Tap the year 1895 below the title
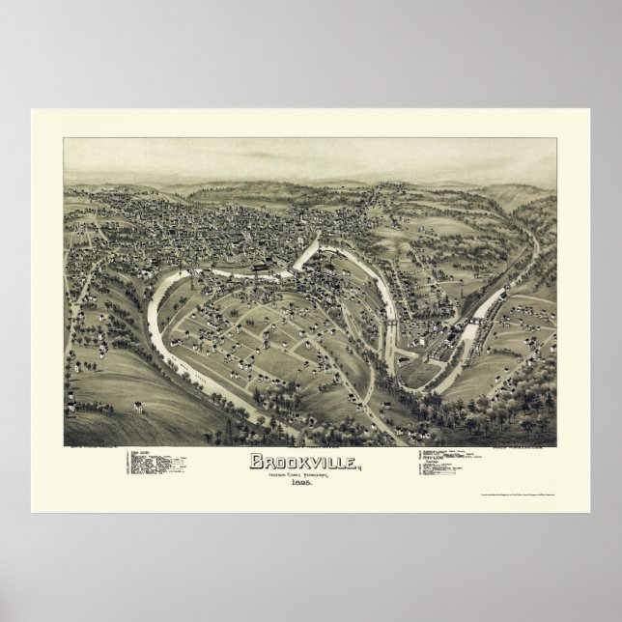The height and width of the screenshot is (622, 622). [x=308, y=482]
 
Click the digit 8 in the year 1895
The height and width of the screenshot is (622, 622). [x=303, y=482]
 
